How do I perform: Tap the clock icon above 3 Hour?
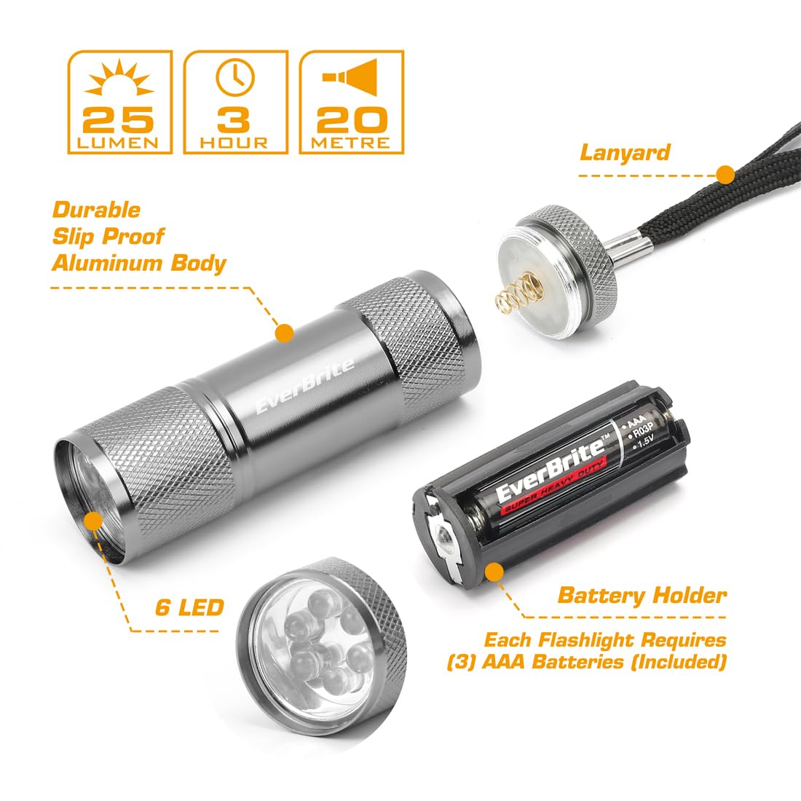[235, 77]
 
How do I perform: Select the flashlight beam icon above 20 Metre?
[350, 77]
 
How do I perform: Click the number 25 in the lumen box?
[119, 119]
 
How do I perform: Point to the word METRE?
[350, 143]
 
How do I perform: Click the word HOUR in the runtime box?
[234, 143]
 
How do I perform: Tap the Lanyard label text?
[626, 152]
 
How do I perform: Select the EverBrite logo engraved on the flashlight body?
[304, 385]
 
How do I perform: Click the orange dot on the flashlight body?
[285, 333]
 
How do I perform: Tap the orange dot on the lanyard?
[725, 175]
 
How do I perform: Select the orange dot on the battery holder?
[492, 572]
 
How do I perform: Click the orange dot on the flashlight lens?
[93, 521]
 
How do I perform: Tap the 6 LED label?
[189, 607]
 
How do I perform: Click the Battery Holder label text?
[642, 596]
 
